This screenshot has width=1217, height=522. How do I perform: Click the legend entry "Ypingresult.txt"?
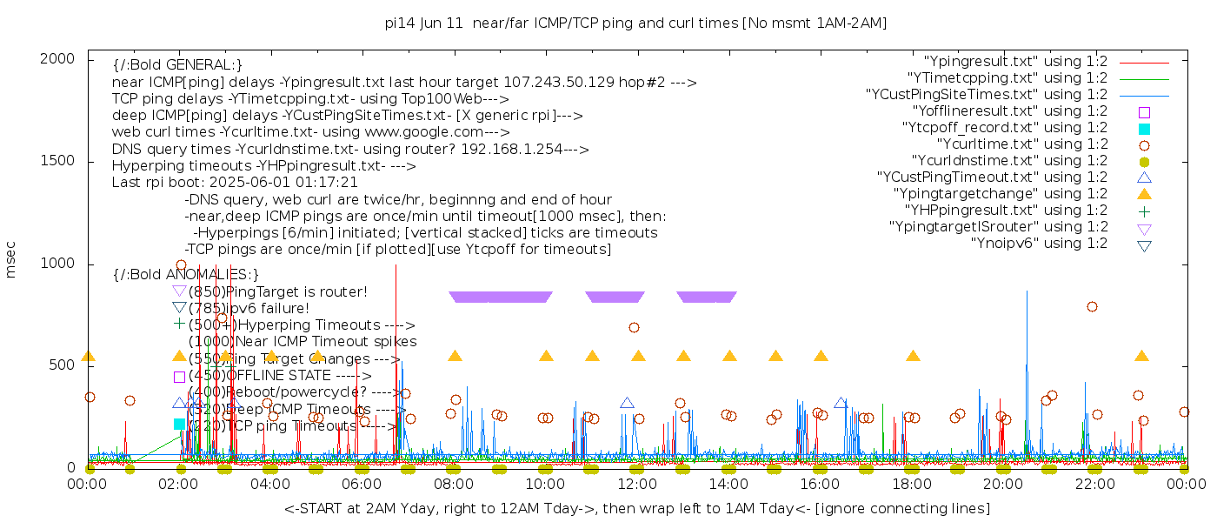coord(1014,62)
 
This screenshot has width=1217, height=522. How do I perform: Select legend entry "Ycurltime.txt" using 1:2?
coord(1021,144)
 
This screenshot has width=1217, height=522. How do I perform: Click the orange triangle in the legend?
coord(1144,194)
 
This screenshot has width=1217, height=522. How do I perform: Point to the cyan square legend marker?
coord(1144,129)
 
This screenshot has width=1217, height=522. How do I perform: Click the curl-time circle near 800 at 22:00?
coord(1092,306)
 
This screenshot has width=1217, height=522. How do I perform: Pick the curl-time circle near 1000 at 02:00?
coord(181,265)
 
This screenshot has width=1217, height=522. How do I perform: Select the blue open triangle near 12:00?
coord(627,403)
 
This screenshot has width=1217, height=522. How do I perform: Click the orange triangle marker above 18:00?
coord(913,356)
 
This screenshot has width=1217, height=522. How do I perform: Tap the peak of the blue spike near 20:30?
coord(1027,291)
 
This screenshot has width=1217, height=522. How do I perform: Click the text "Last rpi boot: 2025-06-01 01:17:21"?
coord(235,183)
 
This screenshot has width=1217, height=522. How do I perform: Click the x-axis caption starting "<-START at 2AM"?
coord(636,508)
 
